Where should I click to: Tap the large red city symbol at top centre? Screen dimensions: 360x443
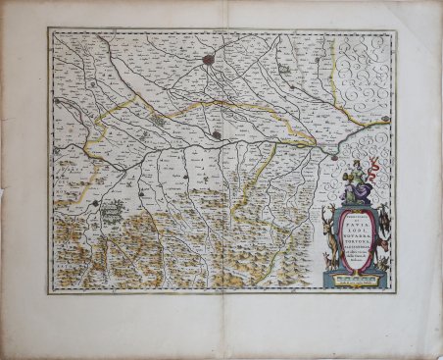coord(210,61)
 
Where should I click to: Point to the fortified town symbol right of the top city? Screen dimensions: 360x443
coord(284,71)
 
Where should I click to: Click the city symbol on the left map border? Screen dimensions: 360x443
coord(58,100)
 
